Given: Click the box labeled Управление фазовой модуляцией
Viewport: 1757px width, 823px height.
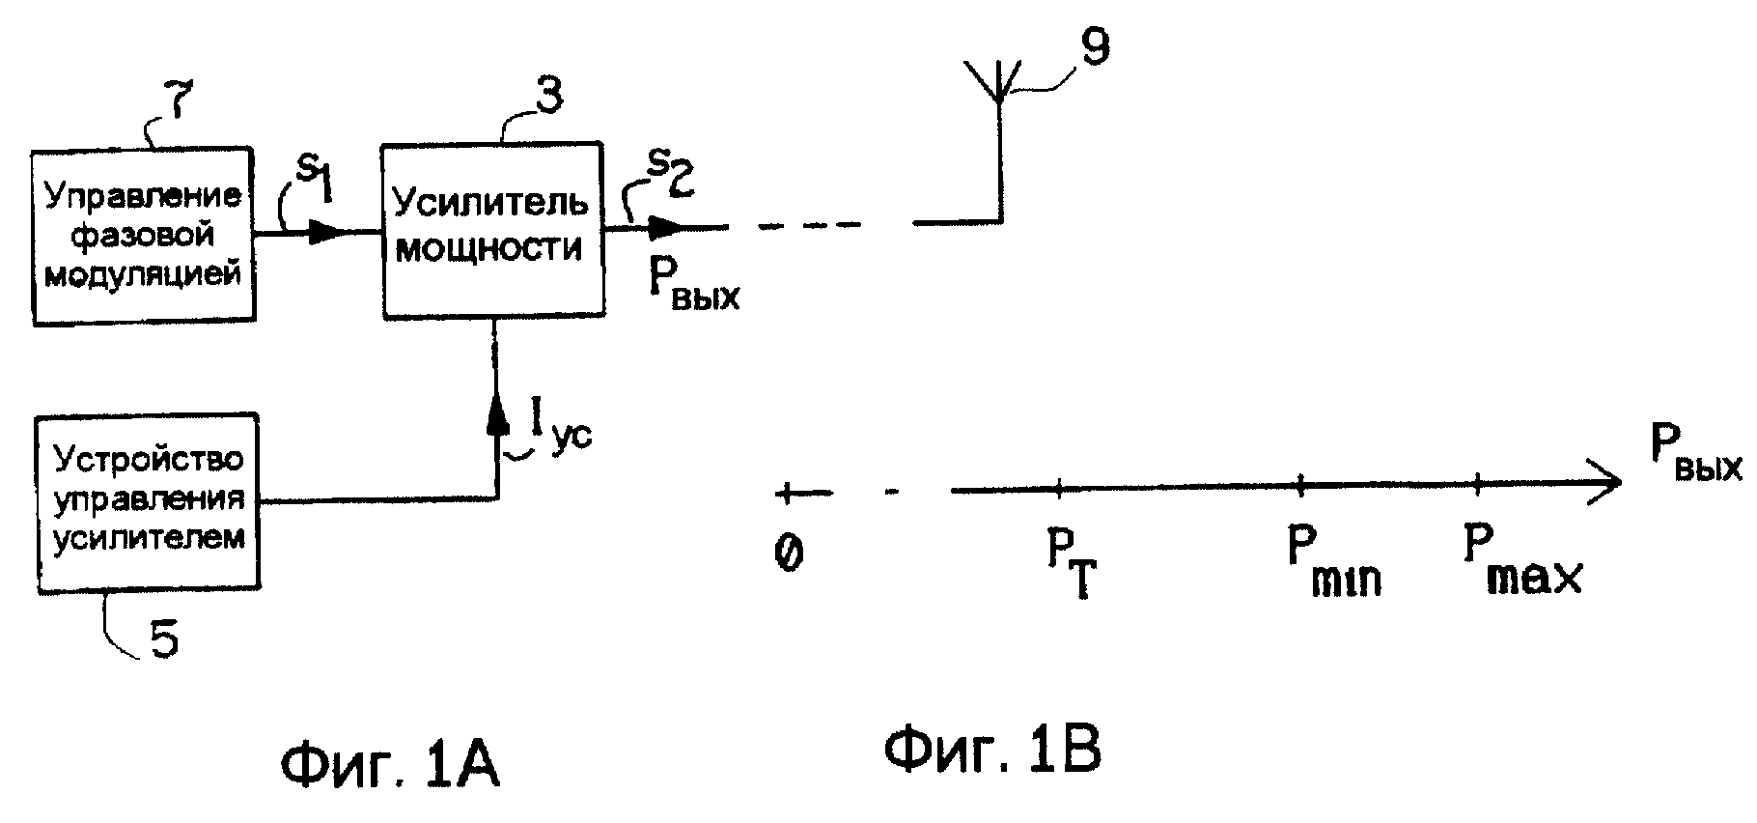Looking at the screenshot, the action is coord(143,237).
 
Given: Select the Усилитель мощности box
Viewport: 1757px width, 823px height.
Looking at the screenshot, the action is coord(493,231).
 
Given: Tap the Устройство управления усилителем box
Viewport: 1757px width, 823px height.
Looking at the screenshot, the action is coord(147,502).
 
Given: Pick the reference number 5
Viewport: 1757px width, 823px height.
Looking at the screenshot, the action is coord(165,639).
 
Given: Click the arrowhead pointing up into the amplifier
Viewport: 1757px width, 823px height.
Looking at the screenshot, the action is coord(496,415).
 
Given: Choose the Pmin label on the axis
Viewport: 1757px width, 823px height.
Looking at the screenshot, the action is coord(1333,560).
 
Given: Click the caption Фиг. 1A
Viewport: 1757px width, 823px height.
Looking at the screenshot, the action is coord(390,768).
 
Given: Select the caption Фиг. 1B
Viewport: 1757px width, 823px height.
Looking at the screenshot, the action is coord(993,751).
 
